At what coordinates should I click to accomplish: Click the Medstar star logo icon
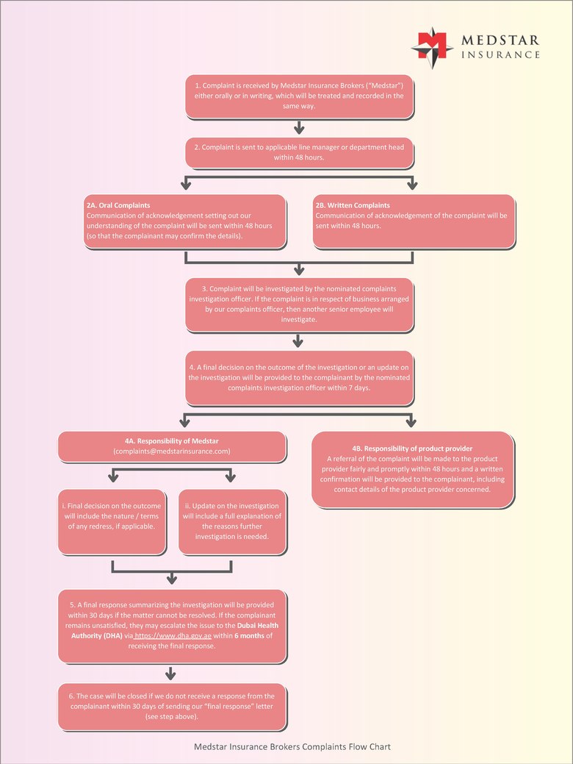[431, 45]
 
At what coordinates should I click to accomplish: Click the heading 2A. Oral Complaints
[118, 205]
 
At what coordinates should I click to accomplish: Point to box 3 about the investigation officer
[299, 304]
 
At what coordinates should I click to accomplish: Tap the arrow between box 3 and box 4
[298, 340]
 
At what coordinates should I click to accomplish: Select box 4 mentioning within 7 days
[299, 377]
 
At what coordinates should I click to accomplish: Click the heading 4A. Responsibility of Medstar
[172, 440]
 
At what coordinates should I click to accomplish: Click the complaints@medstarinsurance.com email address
[172, 451]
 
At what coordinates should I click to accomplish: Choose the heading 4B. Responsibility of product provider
[412, 448]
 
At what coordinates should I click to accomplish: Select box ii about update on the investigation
[231, 521]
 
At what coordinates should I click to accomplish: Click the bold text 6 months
[250, 635]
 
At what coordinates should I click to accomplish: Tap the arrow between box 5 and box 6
[171, 673]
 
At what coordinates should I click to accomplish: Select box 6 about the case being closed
[172, 706]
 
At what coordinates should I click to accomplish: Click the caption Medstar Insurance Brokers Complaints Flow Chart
[292, 746]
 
